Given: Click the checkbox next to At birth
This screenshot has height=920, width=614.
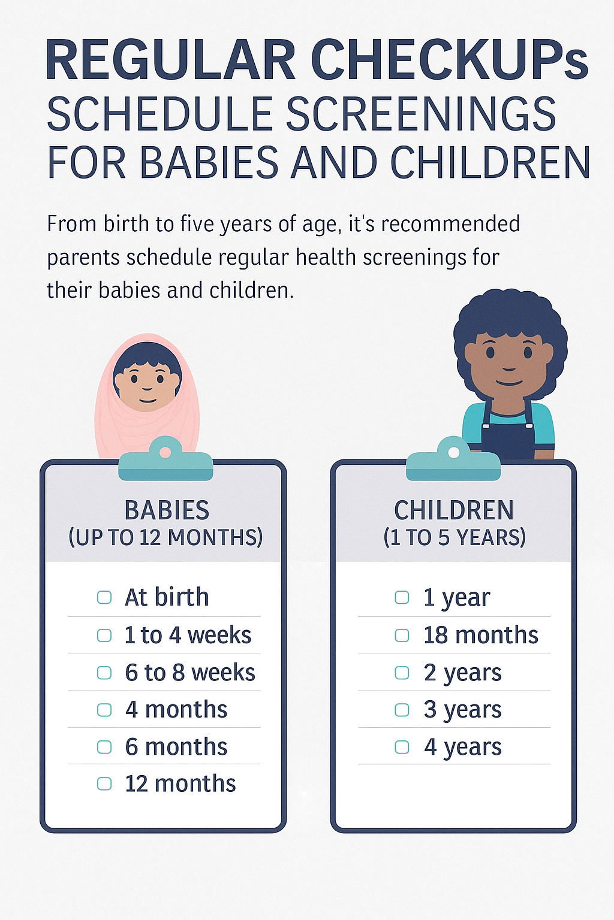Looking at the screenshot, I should (104, 597).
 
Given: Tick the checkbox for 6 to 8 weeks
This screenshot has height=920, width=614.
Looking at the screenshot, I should (104, 673).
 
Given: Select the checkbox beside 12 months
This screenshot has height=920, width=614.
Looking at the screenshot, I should (104, 783).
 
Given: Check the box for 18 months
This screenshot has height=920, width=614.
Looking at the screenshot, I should (402, 635).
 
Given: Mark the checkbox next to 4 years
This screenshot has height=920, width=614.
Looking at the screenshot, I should (402, 747).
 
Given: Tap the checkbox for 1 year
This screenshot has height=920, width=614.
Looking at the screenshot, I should (402, 597).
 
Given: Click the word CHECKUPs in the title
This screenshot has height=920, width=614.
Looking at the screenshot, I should (449, 60).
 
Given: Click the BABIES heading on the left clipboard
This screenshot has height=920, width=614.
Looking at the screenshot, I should (167, 510).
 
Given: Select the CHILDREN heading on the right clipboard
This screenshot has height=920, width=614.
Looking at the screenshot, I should (454, 510).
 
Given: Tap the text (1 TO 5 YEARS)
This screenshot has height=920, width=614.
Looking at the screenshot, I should (455, 537).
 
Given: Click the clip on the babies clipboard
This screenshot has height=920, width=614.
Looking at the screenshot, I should (165, 461).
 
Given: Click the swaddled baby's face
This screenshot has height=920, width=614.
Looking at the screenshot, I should (148, 383).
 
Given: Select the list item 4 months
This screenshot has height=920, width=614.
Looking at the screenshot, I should (176, 710).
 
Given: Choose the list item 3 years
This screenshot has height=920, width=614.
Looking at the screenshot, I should (462, 710).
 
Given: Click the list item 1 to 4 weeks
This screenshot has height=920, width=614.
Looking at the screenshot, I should (188, 635).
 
